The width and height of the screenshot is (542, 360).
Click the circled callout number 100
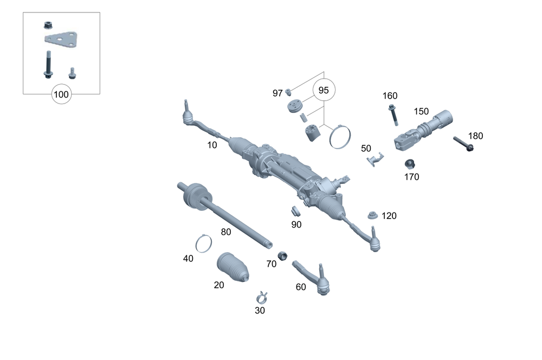(61, 94)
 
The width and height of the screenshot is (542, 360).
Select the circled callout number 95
(324, 91)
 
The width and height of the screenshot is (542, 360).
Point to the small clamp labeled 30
(262, 297)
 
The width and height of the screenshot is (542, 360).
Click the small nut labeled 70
(282, 255)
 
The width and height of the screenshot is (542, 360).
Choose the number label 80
(226, 232)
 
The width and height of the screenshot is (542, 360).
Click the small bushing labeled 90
(295, 211)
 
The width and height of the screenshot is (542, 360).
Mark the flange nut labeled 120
(372, 215)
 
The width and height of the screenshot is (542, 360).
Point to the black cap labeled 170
(410, 163)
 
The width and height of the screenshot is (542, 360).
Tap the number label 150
(421, 111)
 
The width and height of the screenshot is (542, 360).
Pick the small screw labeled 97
(289, 91)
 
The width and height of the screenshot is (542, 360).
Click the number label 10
(212, 145)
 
